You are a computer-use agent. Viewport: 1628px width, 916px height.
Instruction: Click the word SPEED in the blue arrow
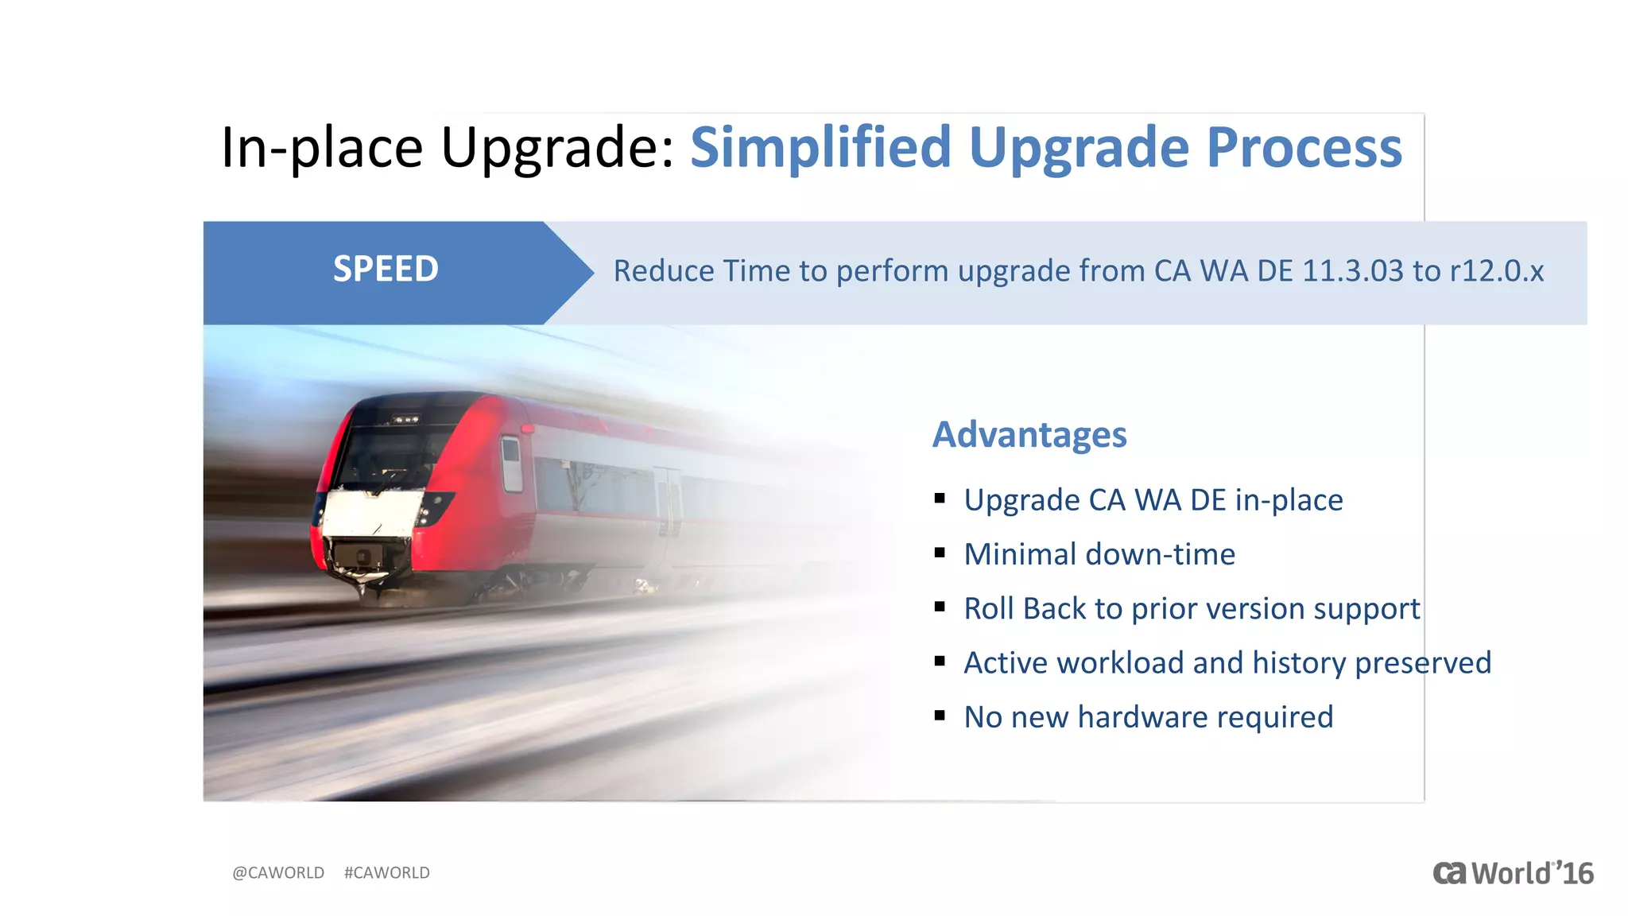(x=386, y=270)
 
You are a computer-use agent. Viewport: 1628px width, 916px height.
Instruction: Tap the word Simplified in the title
(x=820, y=148)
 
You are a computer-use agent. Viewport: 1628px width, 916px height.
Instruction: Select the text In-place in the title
(x=322, y=148)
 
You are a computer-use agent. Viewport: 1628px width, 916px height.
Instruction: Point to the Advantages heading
(x=1029, y=435)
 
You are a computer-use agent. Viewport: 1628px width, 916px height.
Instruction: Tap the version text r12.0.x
(x=1497, y=271)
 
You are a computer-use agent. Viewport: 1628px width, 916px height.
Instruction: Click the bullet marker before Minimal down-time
(x=940, y=553)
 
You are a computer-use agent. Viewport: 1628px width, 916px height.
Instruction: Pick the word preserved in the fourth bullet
(x=1423, y=663)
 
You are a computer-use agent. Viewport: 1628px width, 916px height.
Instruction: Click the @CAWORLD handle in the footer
(x=278, y=872)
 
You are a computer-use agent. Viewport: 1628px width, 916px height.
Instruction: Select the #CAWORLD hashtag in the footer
(x=387, y=872)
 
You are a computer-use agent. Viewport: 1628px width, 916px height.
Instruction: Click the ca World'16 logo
(x=1513, y=873)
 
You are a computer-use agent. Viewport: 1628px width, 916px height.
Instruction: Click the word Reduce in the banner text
(x=664, y=271)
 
